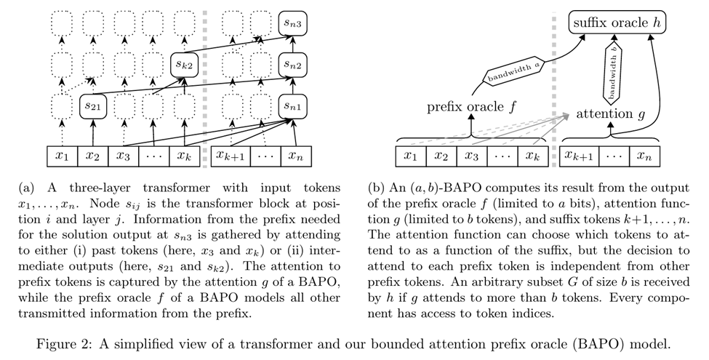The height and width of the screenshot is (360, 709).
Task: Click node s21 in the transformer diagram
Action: [93, 107]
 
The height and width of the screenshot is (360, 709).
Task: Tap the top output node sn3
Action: [292, 24]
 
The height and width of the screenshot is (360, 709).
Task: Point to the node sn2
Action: [292, 65]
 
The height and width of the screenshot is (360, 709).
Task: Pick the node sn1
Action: [292, 107]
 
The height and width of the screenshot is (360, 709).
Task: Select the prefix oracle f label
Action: [474, 107]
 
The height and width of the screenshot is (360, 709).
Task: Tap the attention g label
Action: [611, 114]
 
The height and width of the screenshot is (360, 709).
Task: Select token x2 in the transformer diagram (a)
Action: [93, 156]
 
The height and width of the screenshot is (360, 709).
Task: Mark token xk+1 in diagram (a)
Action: [232, 156]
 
